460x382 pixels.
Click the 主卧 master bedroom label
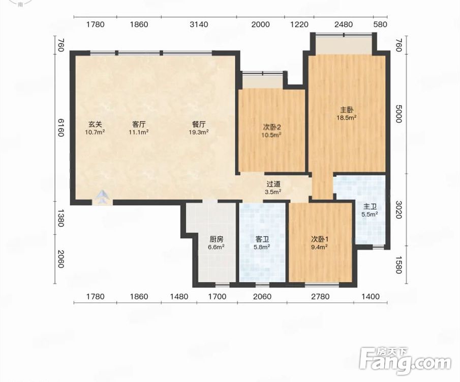click(347, 110)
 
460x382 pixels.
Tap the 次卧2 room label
click(272, 127)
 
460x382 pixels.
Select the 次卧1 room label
click(320, 239)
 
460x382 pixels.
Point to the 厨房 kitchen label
click(216, 239)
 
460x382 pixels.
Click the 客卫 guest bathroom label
click(262, 239)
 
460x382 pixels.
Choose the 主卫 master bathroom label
click(370, 207)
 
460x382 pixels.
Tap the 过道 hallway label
click(273, 184)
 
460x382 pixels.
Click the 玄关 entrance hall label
click(95, 124)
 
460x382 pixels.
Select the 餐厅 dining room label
click(199, 124)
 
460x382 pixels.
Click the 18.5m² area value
click(347, 118)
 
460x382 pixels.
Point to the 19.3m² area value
click(199, 132)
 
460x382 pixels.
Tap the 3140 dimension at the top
click(199, 24)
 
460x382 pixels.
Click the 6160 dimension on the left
click(60, 127)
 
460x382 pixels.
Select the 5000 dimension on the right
click(398, 115)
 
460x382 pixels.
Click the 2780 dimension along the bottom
click(320, 296)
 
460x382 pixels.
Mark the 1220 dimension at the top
click(299, 24)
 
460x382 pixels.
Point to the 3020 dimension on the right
click(398, 209)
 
